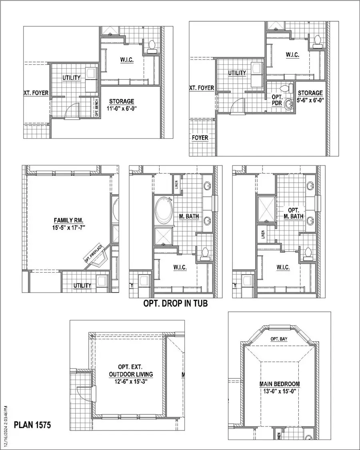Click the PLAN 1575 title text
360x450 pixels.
(33, 425)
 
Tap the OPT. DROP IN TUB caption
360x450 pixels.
(175, 304)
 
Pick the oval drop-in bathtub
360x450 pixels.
(162, 210)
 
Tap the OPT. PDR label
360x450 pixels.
(277, 100)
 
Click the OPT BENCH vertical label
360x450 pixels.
(96, 108)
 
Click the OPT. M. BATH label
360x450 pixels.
(294, 213)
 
